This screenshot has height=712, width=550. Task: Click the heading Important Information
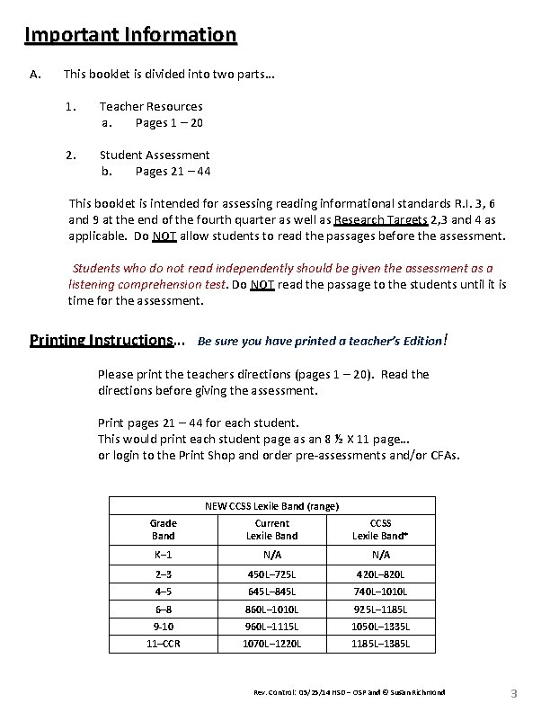click(130, 35)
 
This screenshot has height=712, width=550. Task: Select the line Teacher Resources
click(151, 106)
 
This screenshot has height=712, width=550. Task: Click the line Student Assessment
click(155, 155)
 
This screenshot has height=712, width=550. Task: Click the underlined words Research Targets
click(378, 220)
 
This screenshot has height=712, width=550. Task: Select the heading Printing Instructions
click(101, 341)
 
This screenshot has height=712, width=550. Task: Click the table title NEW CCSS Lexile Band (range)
click(271, 506)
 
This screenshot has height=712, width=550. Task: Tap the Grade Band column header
click(163, 530)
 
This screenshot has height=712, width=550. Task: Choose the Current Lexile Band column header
click(271, 530)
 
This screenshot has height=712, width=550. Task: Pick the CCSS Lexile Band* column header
click(380, 530)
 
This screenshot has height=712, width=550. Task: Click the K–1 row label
click(163, 556)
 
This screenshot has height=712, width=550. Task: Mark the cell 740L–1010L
click(380, 592)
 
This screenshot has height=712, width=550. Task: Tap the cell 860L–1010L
click(271, 610)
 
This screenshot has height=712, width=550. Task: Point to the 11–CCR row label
click(163, 644)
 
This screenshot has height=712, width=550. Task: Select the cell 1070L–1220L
click(271, 644)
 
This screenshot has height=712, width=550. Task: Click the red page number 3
click(514, 693)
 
